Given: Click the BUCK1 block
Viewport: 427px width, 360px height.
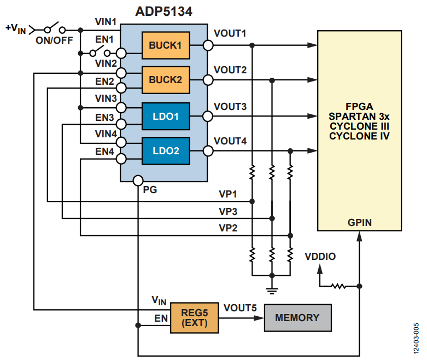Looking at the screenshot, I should click(166, 45).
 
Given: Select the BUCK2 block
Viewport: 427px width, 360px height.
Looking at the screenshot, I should click(166, 80).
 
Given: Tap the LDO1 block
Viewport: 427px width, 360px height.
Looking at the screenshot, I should click(166, 116).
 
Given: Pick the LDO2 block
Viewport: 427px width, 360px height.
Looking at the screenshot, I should click(166, 150).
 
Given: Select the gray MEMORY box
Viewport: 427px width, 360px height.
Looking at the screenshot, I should click(297, 318).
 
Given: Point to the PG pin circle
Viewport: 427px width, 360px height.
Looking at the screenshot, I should click(138, 181).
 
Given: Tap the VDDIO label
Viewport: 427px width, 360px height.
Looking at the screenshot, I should click(320, 256).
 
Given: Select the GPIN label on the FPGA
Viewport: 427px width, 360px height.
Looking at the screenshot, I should click(359, 223).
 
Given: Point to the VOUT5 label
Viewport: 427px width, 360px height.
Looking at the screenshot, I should click(240, 307).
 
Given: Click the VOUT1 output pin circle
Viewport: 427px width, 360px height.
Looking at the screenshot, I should click(207, 45).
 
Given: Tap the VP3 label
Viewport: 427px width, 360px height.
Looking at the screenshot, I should click(228, 211).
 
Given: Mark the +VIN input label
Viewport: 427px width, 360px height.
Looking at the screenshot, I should click(16, 28).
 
